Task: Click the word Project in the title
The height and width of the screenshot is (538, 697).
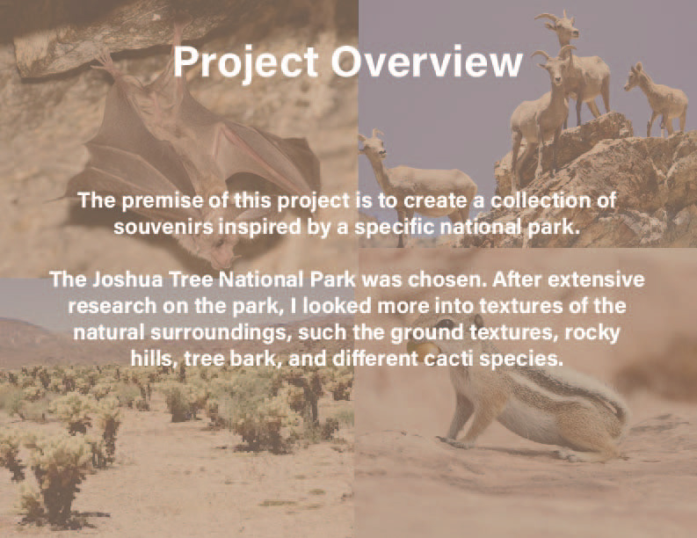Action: tap(246, 62)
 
